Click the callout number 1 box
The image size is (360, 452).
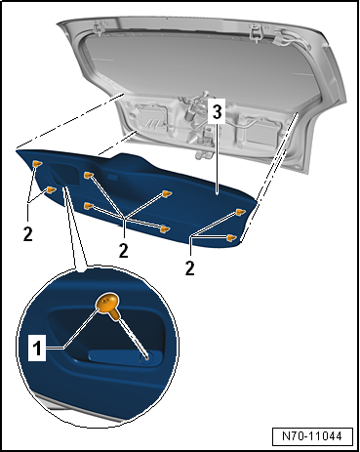point(37,349)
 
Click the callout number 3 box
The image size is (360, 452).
point(217,112)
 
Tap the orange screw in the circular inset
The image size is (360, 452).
point(108,305)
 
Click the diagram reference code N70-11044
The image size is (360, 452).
point(312,436)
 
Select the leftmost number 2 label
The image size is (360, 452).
point(28,233)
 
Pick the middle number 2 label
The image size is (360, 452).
point(124,251)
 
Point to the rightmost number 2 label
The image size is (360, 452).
point(190,268)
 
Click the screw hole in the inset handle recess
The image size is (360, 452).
point(146,357)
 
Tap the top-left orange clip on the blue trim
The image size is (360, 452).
point(37,164)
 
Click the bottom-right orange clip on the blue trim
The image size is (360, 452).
point(232,238)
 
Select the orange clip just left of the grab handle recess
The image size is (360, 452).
point(51,189)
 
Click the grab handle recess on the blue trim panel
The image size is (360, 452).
point(63,176)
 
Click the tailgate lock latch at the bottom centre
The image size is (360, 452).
point(202,154)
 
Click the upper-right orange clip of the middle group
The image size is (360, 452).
point(168,194)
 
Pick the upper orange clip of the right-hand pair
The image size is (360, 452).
point(241,212)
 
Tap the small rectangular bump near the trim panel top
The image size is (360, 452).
point(112,178)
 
